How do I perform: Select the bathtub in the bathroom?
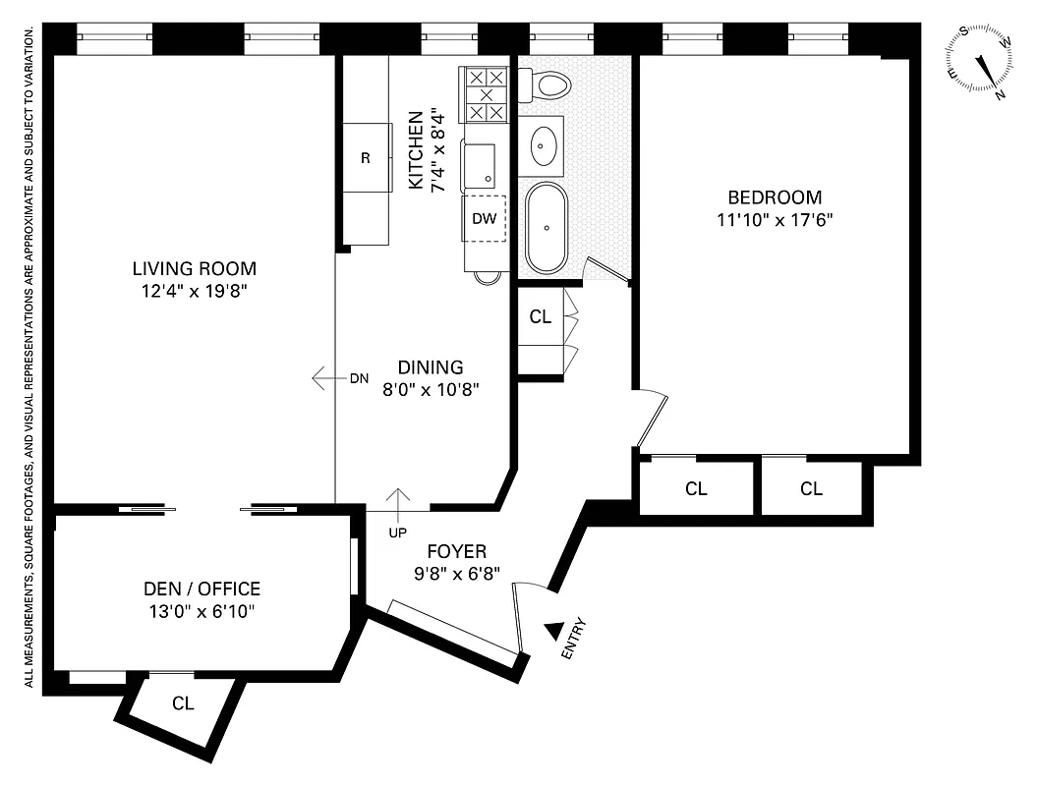(546, 227)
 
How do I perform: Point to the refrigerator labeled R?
(366, 157)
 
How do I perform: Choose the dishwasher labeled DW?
(485, 219)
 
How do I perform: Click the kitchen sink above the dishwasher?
(481, 164)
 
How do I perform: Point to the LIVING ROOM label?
(195, 268)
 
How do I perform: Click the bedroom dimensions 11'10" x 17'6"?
(775, 220)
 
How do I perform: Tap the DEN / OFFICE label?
(202, 589)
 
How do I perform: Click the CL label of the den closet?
(183, 703)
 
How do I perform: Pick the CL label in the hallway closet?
(540, 317)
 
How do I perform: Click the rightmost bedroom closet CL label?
(811, 488)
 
